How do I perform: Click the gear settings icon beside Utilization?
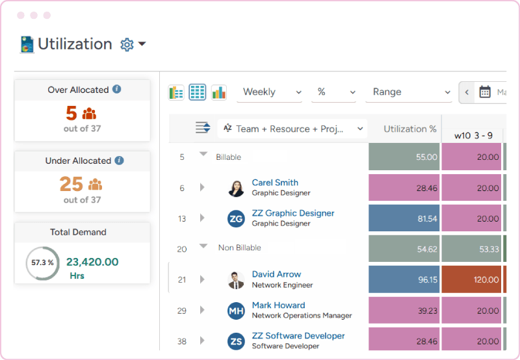pos(127,45)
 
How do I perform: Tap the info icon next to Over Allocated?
pos(116,90)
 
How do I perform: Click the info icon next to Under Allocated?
pos(119,161)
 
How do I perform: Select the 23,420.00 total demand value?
pos(92,262)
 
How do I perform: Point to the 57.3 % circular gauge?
pos(42,263)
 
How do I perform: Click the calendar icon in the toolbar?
pos(485,92)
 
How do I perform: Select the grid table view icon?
pos(198,92)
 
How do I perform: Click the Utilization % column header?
pos(404,129)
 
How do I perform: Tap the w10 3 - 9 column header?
pos(473,135)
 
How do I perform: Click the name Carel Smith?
pos(275,183)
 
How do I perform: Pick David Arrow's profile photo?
pos(236,280)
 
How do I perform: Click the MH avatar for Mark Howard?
pos(236,311)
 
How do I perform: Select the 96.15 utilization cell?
pos(404,279)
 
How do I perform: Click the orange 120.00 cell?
pos(471,279)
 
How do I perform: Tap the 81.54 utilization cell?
pos(404,219)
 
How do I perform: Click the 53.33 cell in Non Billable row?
pos(471,249)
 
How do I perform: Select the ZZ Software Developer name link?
pos(298,336)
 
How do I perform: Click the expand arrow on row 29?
pos(202,311)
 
